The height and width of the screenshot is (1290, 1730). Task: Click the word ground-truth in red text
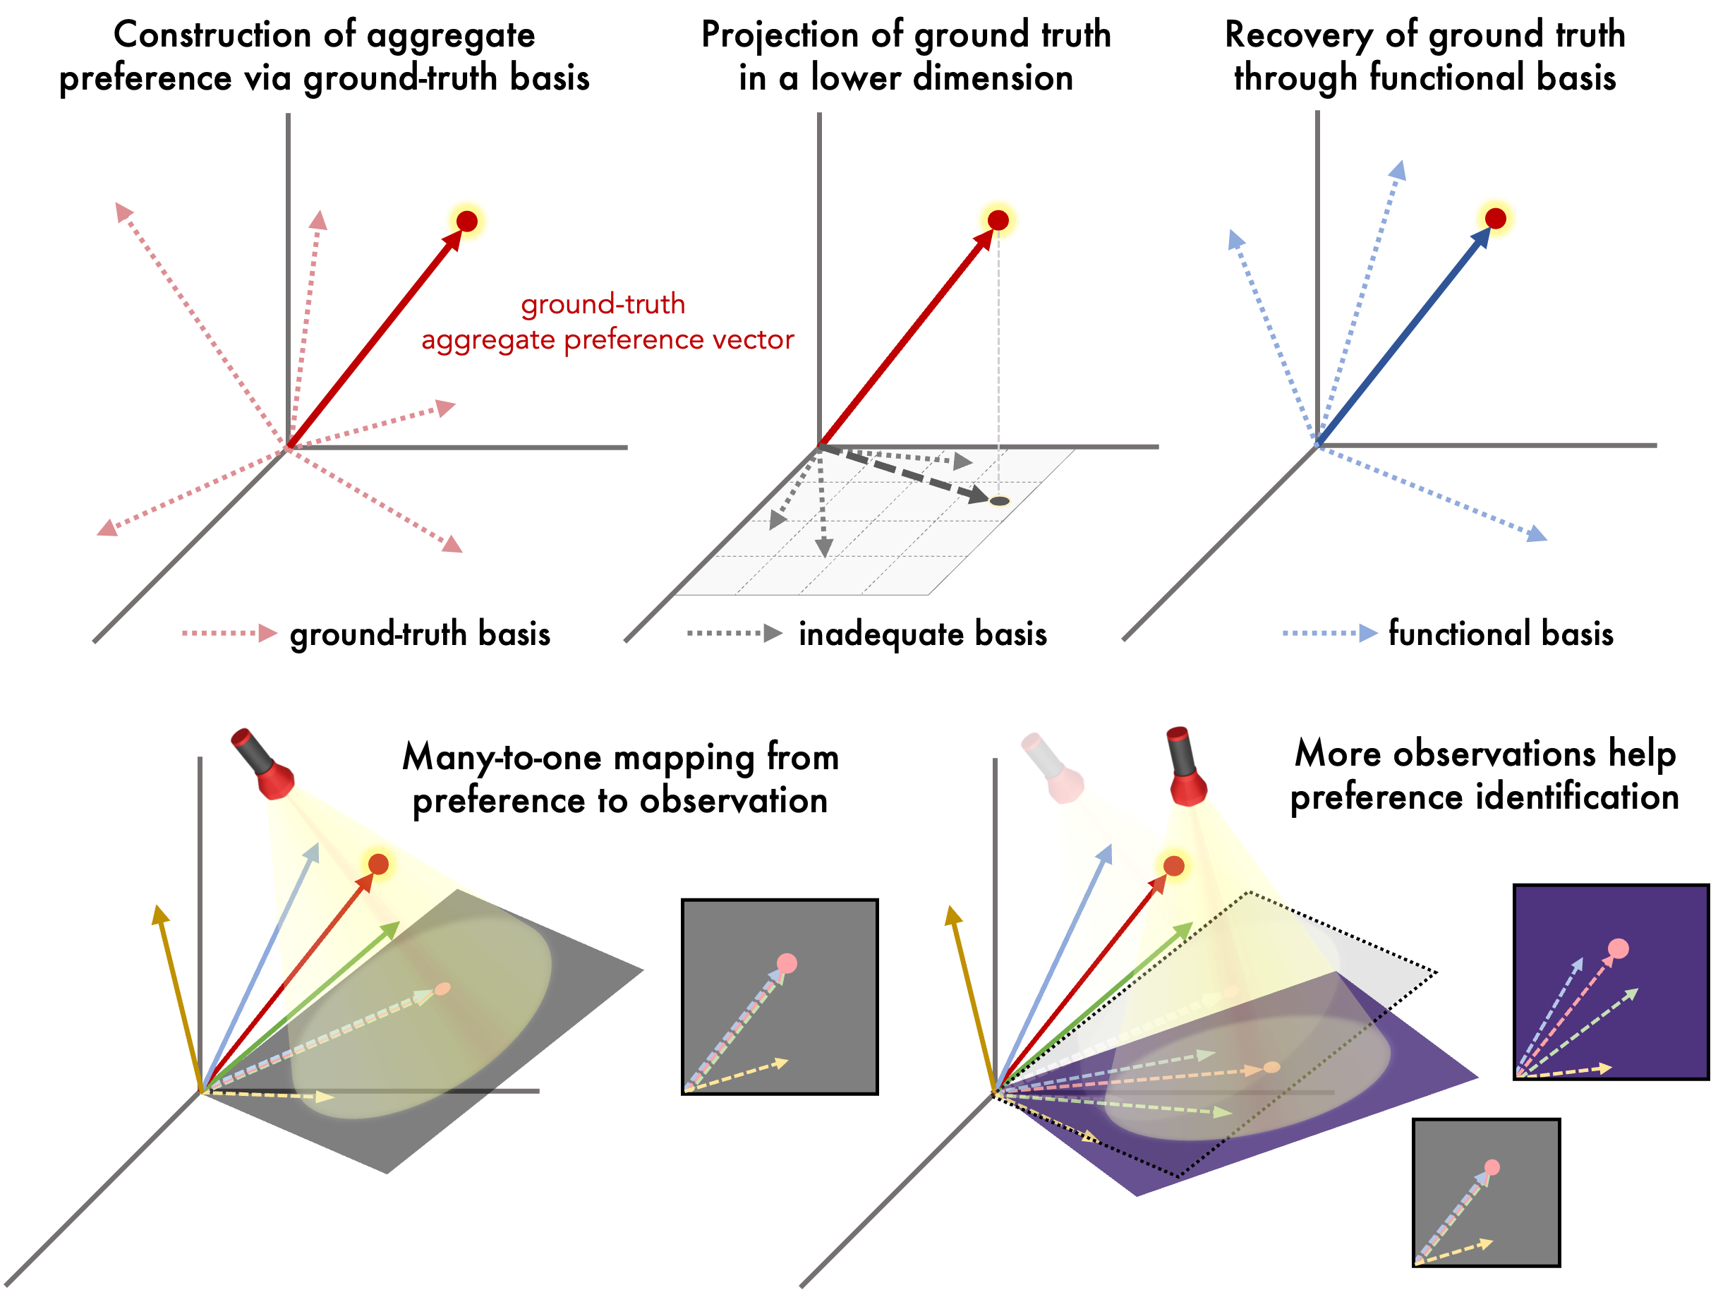(x=603, y=305)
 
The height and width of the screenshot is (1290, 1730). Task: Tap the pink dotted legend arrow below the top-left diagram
(x=229, y=632)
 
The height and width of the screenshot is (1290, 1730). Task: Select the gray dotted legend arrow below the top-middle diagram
(x=734, y=632)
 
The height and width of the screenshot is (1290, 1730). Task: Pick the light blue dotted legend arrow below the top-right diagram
(x=1330, y=632)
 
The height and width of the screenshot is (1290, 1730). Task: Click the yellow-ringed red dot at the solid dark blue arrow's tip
(x=1495, y=219)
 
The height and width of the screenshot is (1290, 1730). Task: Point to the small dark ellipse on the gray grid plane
(x=999, y=500)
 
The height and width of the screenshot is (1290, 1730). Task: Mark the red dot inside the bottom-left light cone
(x=379, y=864)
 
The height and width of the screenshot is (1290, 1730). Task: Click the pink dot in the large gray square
(x=787, y=963)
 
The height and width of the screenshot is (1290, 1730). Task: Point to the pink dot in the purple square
(x=1619, y=948)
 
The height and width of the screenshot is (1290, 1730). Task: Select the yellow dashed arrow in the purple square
(x=1566, y=1071)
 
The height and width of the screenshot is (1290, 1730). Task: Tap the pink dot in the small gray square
(x=1492, y=1167)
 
